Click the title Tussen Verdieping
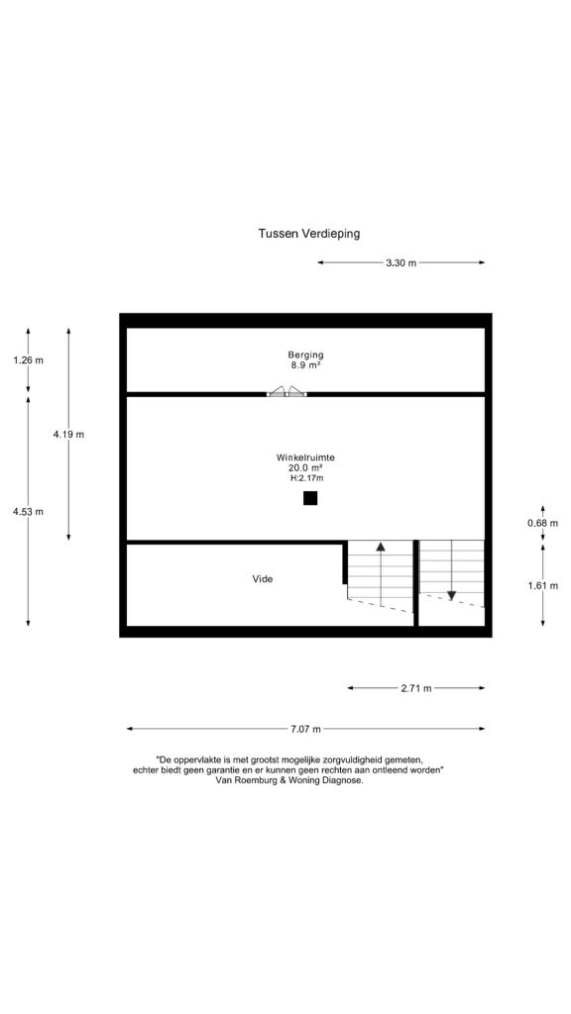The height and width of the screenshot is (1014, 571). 309,234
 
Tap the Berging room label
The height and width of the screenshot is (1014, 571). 305,355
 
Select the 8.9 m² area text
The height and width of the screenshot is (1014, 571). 305,364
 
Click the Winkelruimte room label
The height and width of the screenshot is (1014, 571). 305,457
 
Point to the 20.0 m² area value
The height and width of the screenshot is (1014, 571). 305,467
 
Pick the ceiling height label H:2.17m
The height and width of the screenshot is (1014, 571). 306,478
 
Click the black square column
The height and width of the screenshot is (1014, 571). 310,498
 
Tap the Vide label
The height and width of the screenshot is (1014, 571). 262,578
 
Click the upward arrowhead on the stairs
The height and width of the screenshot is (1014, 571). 381,546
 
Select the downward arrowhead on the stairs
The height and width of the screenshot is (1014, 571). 451,595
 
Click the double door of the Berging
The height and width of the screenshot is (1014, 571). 286,390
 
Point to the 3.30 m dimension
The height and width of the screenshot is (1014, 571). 400,262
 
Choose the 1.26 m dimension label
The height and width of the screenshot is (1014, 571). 29,360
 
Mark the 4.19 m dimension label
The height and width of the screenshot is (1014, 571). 68,434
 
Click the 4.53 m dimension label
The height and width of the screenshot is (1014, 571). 29,512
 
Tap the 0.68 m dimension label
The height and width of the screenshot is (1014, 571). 542,523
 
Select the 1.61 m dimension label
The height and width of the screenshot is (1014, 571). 542,585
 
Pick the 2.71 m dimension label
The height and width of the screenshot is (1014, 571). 416,688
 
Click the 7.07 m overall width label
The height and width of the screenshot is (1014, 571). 305,729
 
